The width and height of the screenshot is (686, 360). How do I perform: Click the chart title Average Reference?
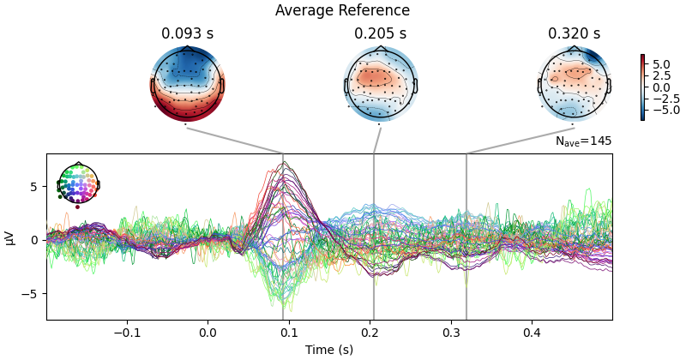tap(342, 11)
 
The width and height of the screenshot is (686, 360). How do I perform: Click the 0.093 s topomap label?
tap(187, 34)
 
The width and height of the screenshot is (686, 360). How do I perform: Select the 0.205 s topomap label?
tap(380, 34)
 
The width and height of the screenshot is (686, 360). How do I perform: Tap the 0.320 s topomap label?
tap(574, 34)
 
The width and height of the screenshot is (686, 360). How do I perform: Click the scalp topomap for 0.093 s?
tap(187, 85)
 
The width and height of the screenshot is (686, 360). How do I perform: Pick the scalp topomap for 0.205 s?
tap(380, 85)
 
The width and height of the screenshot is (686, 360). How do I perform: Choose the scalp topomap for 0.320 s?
tap(574, 85)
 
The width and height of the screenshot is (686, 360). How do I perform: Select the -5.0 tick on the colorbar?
tap(660, 110)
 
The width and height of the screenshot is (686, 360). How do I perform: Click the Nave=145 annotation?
tap(583, 141)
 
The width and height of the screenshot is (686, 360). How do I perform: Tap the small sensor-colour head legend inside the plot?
tap(78, 183)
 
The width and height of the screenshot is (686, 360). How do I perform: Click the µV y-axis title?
tap(10, 237)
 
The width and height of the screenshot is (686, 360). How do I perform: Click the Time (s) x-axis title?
tap(329, 350)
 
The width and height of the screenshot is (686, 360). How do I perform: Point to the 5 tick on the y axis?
tap(34, 187)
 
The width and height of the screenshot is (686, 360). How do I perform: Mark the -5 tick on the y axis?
tap(32, 293)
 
